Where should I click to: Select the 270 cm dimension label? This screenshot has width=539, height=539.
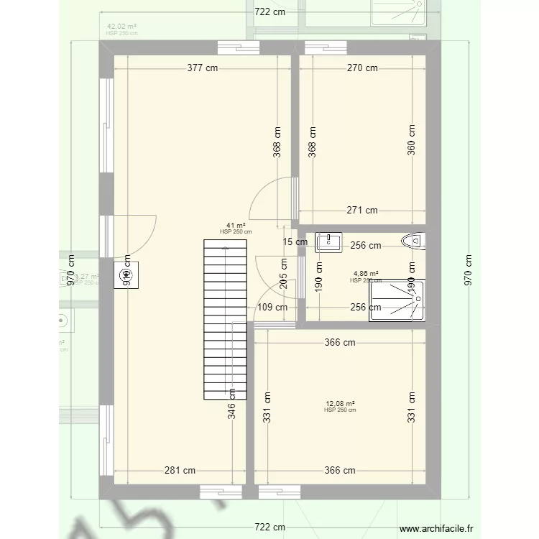click(x=362, y=68)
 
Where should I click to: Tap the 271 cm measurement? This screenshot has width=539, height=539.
click(x=361, y=211)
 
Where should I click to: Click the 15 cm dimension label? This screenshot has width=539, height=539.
click(x=295, y=242)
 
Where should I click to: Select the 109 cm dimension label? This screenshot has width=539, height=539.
click(x=272, y=307)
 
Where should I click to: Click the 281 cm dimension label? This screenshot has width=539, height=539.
click(x=180, y=471)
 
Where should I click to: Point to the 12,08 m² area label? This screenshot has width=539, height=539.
click(x=340, y=405)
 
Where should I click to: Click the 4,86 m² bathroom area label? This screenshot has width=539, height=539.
click(x=366, y=274)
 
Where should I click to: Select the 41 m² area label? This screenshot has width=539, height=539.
click(x=236, y=226)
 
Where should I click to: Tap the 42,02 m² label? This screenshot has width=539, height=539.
click(x=121, y=27)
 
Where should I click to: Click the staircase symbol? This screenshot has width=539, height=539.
click(x=225, y=318)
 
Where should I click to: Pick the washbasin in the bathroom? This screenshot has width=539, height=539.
click(x=330, y=242)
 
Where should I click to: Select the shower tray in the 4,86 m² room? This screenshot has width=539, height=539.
click(x=396, y=300)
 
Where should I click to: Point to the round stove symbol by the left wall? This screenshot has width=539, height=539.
click(x=128, y=273)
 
